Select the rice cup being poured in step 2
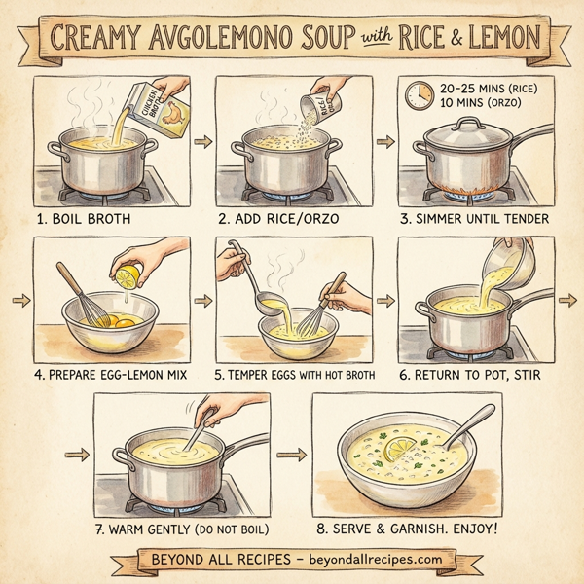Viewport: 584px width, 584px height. tap(319, 105)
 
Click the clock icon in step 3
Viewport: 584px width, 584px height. tap(419, 94)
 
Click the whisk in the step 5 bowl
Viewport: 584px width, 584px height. tap(316, 311)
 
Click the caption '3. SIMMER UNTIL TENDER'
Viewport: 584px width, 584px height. tap(474, 218)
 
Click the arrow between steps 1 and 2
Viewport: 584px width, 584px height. tap(203, 142)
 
